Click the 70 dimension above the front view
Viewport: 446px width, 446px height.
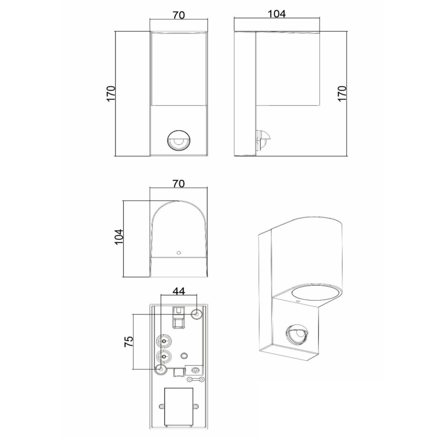click(179, 15)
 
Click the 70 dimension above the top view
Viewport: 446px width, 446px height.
click(178, 184)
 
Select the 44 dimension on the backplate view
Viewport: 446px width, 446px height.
click(178, 291)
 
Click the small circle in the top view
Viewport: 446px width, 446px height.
click(178, 253)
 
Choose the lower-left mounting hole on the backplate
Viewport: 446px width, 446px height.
click(161, 369)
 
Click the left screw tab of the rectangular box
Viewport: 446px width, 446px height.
click(161, 406)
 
